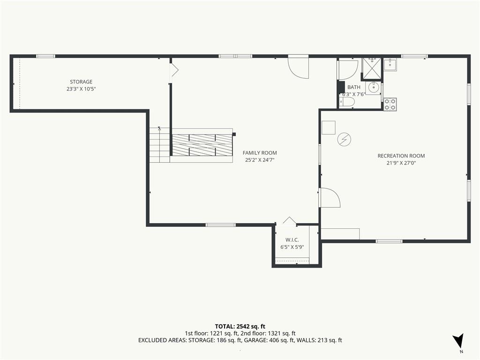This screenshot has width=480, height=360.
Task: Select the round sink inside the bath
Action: [x=373, y=88]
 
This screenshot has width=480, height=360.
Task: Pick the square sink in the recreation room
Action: [x=390, y=65]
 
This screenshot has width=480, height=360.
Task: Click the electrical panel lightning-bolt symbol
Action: [x=344, y=140]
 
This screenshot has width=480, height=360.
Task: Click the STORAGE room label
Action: [x=81, y=82]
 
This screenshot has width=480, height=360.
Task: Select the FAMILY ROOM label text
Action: [x=260, y=153]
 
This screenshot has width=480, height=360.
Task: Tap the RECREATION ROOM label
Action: [x=401, y=156]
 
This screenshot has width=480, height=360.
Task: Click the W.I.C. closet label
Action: [x=292, y=240]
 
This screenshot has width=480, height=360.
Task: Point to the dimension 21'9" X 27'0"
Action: [x=401, y=163]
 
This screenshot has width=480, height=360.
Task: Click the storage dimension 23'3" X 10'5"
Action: [x=79, y=89]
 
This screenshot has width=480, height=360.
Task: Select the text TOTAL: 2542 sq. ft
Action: [x=240, y=326]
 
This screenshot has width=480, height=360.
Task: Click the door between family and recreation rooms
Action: [x=330, y=198]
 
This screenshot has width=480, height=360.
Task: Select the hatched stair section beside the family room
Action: [x=202, y=145]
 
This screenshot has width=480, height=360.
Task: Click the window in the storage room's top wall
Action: [x=45, y=56]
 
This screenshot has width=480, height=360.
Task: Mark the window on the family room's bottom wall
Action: [x=220, y=225]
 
